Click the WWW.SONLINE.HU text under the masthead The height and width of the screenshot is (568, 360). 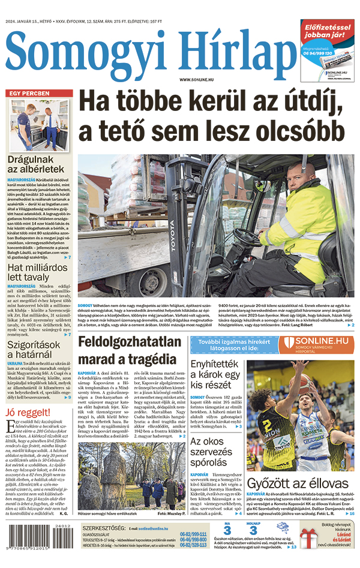[199, 80]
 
